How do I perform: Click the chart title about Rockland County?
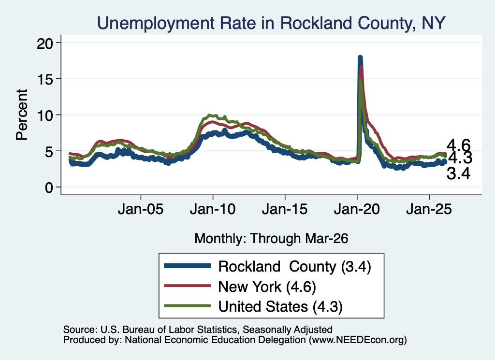[271, 23]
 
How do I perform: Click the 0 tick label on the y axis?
[49, 188]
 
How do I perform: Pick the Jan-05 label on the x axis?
[141, 209]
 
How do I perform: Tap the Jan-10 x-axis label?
[213, 209]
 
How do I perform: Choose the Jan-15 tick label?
[285, 209]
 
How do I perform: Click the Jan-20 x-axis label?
[357, 209]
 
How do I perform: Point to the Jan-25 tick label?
[429, 209]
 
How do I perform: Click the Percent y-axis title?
[22, 115]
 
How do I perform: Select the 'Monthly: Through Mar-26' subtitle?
[271, 239]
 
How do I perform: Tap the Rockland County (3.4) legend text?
[294, 267]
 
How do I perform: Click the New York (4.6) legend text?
[267, 287]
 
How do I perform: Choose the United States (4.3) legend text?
[280, 307]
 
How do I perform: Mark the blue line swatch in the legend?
[188, 266]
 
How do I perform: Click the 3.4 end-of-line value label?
[458, 174]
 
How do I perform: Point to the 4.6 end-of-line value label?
[458, 145]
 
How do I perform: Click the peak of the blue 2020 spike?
[360, 57]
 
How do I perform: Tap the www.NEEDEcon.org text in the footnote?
[357, 340]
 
